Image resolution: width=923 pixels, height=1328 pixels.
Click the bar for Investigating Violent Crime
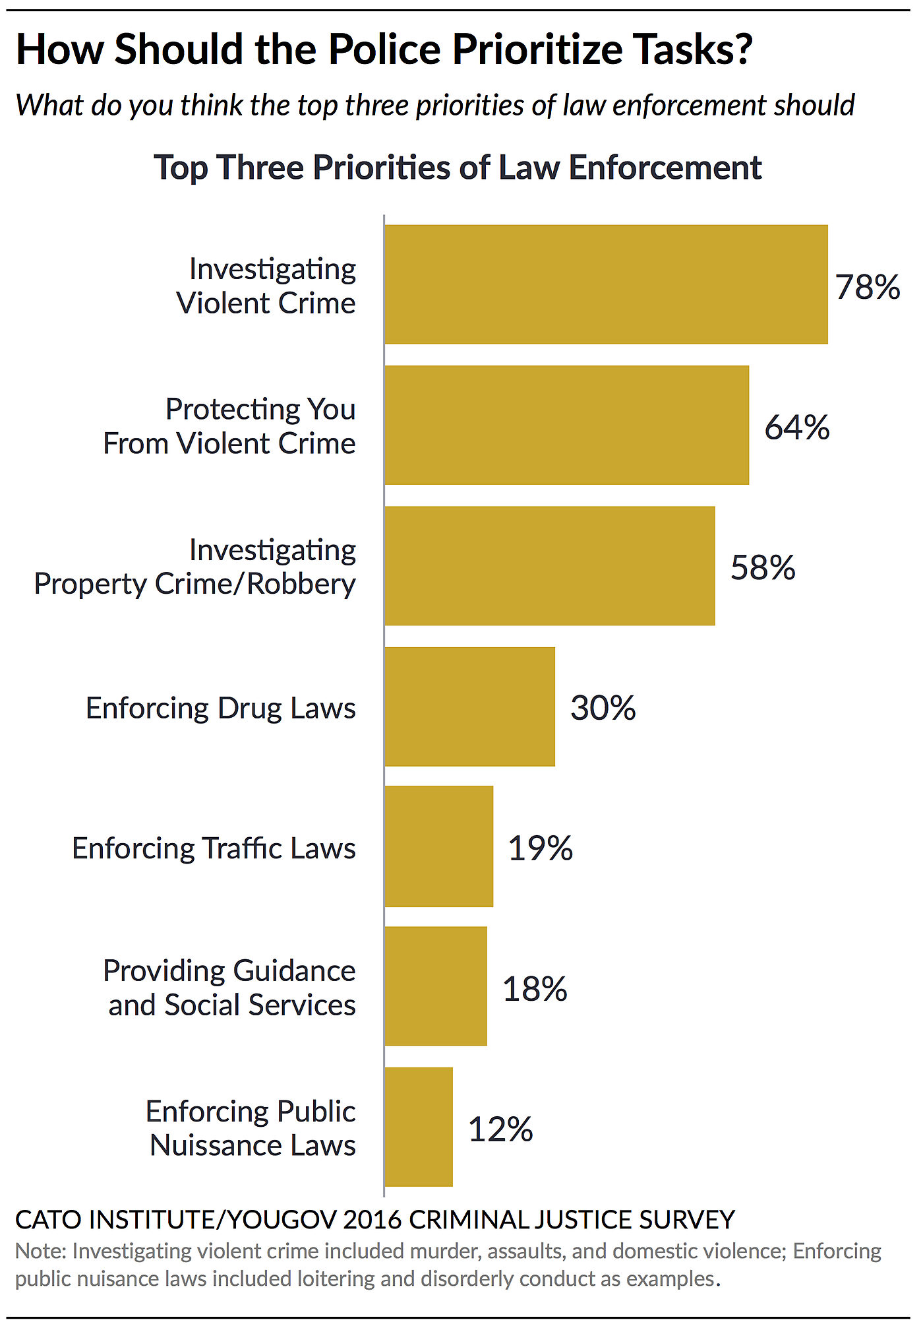click(x=606, y=284)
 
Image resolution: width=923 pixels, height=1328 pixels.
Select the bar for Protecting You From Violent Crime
click(x=566, y=425)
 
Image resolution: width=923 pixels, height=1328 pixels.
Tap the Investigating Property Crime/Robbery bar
click(x=549, y=565)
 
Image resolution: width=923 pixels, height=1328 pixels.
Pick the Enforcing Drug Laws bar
click(x=469, y=707)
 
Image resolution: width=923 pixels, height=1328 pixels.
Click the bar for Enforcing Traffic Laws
click(x=438, y=846)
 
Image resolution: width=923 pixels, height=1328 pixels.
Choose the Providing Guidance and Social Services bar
click(x=435, y=986)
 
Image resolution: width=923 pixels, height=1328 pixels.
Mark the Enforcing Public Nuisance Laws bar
click(x=418, y=1127)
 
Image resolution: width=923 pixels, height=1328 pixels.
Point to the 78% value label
click(x=867, y=287)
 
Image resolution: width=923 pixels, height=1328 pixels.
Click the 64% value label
click(x=796, y=427)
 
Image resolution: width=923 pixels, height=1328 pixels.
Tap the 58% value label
click(x=763, y=567)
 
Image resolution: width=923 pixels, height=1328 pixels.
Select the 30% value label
click(x=603, y=708)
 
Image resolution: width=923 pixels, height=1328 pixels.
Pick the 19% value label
click(x=540, y=848)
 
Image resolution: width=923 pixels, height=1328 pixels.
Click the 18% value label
click(x=535, y=989)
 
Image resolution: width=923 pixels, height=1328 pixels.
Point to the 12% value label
click(x=500, y=1129)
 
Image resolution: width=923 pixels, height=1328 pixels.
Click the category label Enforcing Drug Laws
click(x=220, y=709)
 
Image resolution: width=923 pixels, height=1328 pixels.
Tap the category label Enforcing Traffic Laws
click(x=214, y=849)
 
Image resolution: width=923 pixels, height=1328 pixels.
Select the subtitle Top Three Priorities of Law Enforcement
click(x=458, y=168)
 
